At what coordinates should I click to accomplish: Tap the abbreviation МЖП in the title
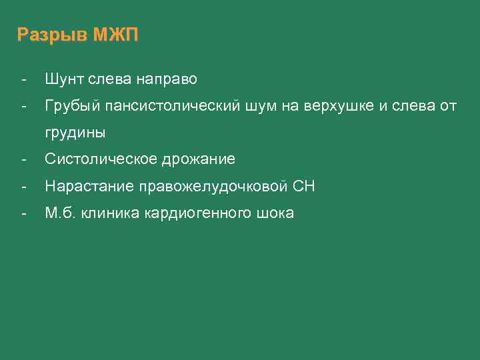click(x=115, y=35)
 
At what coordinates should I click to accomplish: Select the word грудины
click(x=75, y=133)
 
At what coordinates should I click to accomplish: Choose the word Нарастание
click(x=89, y=187)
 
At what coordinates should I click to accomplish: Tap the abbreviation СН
click(x=304, y=187)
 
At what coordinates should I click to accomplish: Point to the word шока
click(x=273, y=213)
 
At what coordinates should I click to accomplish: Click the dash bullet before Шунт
click(x=24, y=79)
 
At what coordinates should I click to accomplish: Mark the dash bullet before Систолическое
click(x=24, y=159)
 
